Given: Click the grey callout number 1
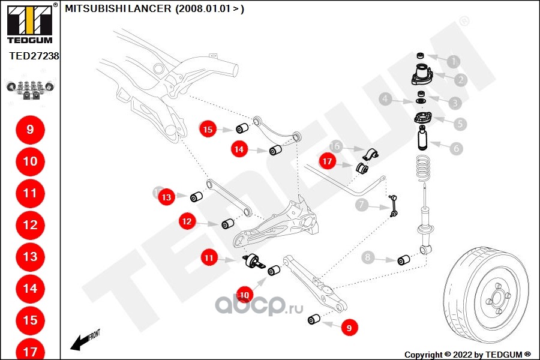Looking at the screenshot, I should (x=454, y=61).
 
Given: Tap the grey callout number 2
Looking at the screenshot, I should (x=461, y=80).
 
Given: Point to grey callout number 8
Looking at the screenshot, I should (x=368, y=259).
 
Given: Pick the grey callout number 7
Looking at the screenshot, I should (x=361, y=205).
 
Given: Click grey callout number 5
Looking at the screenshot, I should (x=460, y=124).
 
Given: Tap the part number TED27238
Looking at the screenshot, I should (x=34, y=56).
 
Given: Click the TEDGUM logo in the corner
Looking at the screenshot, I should (x=29, y=23).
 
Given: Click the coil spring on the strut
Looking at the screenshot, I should (x=424, y=168).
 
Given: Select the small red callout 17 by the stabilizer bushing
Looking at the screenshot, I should (x=327, y=161).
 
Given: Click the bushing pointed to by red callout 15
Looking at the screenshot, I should (x=243, y=129).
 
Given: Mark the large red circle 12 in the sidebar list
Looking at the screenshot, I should (x=30, y=225).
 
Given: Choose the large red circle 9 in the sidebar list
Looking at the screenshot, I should (x=30, y=130).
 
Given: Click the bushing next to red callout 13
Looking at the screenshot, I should (x=196, y=196).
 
